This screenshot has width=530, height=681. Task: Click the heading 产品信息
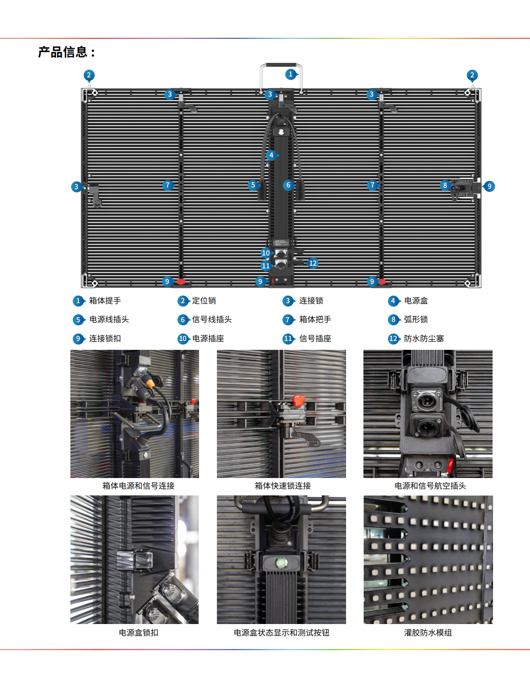[62, 52]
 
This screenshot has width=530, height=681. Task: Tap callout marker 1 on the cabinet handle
[291, 74]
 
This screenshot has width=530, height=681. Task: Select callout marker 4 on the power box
[272, 155]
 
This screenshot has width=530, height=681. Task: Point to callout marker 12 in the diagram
[312, 263]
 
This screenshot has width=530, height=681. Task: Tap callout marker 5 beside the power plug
[253, 185]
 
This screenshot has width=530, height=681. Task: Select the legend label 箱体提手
[105, 301]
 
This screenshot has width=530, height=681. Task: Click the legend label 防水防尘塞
[424, 339]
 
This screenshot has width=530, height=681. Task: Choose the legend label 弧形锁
[416, 320]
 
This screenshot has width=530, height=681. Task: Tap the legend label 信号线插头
[212, 320]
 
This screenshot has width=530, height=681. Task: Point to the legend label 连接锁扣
[105, 339]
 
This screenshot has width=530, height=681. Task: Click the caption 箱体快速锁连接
[282, 486]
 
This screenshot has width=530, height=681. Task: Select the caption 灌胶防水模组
[428, 633]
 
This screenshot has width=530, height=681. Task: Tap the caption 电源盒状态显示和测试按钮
[281, 633]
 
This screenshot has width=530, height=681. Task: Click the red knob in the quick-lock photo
[298, 401]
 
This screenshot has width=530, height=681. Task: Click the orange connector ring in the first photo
[150, 383]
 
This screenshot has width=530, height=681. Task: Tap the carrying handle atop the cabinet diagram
[281, 65]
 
